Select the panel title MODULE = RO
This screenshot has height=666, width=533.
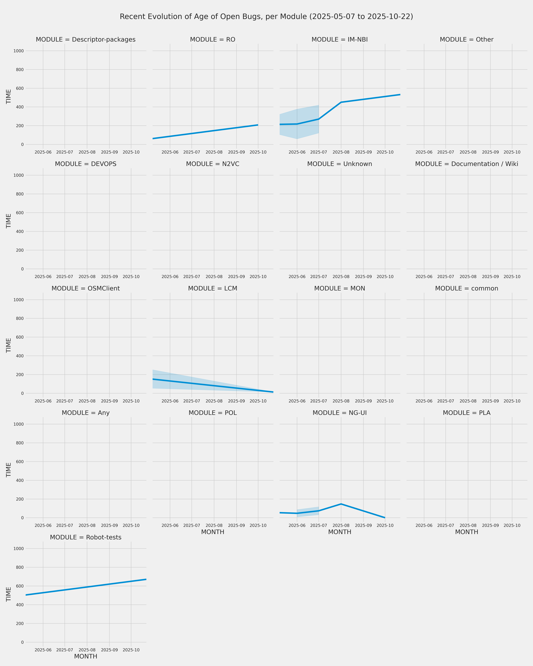point(213,40)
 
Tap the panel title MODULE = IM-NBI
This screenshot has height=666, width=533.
point(340,40)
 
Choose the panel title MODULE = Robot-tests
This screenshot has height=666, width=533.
point(86,537)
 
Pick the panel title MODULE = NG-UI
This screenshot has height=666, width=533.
point(340,413)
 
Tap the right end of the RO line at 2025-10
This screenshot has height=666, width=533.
point(258,125)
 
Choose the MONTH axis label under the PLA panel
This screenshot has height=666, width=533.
point(467,532)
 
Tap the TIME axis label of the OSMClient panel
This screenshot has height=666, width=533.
point(9,345)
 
